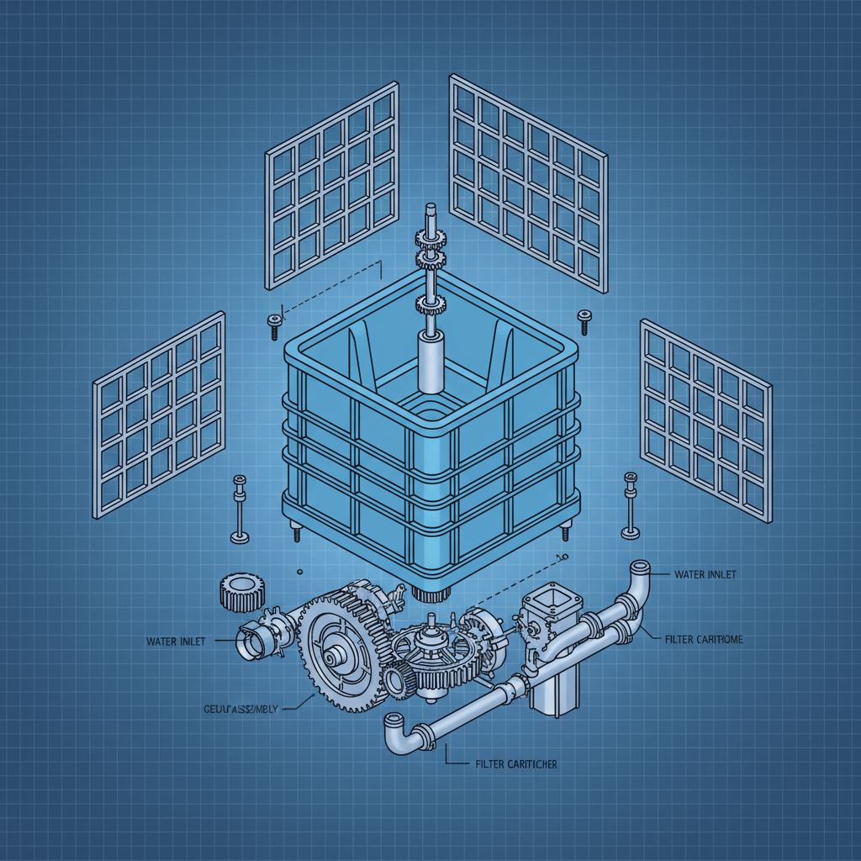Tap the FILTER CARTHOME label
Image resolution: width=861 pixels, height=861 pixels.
(703, 640)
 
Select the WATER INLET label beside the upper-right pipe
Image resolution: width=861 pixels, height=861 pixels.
(705, 574)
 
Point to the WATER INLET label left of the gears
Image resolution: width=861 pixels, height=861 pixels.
(174, 642)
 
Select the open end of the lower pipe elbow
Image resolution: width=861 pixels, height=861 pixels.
(393, 721)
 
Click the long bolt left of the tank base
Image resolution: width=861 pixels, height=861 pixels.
(239, 509)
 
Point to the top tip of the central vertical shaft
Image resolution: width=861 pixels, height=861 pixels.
(430, 207)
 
